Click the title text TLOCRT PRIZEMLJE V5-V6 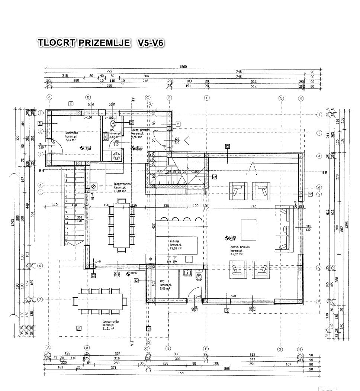coord(100,43)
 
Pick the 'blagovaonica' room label coord(123,184)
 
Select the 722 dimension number coord(109,71)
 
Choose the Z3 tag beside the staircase coord(214,177)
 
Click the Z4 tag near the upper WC coord(132,122)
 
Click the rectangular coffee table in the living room coord(249,230)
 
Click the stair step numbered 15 coord(67,244)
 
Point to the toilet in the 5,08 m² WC coord(199,276)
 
